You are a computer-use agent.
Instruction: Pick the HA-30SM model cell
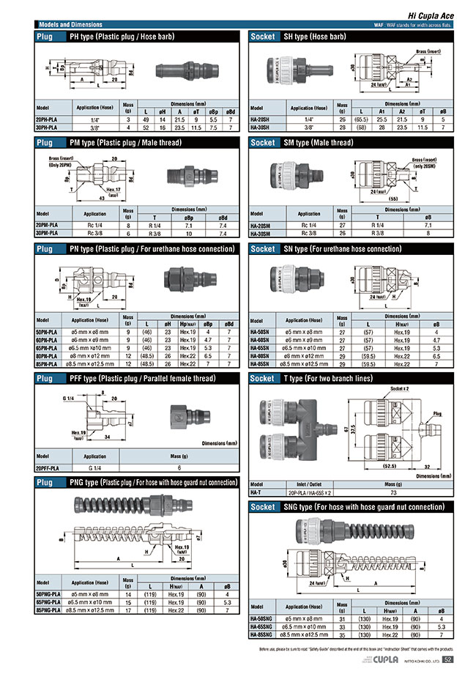tap(262, 234)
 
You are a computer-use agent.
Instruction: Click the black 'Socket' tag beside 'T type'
tap(262, 379)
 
